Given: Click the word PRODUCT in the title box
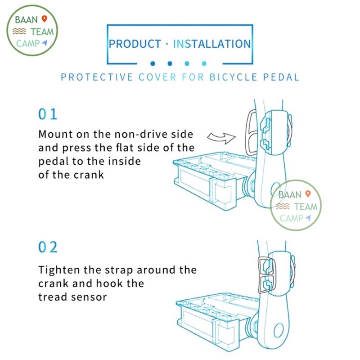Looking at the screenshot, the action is tap(135, 44).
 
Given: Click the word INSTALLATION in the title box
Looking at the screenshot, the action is tap(212, 44).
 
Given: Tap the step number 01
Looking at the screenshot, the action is tap(48, 114).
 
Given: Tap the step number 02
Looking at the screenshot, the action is tap(48, 247).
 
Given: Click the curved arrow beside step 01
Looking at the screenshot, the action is tap(221, 138).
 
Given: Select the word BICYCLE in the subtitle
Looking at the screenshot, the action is tap(233, 77).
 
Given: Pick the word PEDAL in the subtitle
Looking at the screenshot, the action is tap(281, 77).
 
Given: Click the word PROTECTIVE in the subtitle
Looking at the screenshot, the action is tap(97, 77).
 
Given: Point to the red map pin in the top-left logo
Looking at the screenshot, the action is tap(44, 19).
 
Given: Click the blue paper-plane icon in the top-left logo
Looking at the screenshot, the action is tap(44, 43).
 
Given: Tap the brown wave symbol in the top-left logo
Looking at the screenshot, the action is tap(19, 31).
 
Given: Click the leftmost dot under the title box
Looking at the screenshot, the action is tap(153, 63).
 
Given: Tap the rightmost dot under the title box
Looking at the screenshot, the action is tap(204, 63).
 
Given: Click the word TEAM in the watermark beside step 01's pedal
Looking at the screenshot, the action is tap(306, 207).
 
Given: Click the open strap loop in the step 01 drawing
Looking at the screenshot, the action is tap(247, 133).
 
